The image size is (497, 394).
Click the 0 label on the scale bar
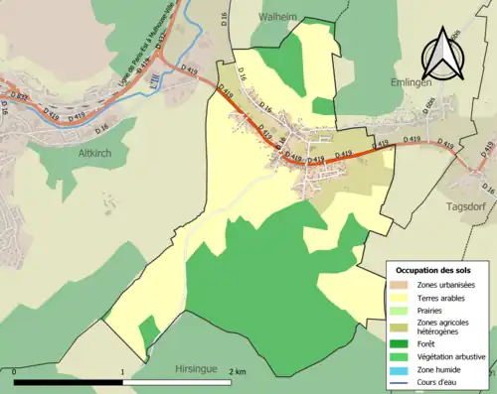click(16, 372)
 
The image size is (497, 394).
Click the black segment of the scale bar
click(69, 382)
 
